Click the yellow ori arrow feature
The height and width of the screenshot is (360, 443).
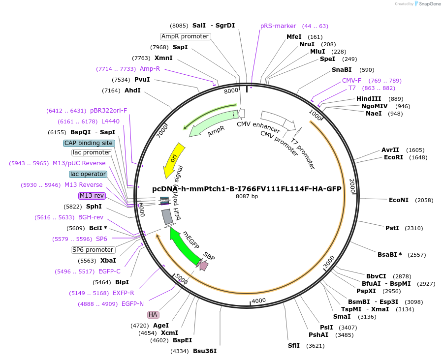pyautogui.click(x=174, y=160)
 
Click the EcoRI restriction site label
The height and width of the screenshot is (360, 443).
pyautogui.click(x=393, y=157)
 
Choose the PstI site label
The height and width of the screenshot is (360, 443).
pyautogui.click(x=392, y=228)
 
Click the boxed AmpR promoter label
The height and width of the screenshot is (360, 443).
pyautogui.click(x=186, y=36)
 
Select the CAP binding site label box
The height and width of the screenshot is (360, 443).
pyautogui.click(x=89, y=143)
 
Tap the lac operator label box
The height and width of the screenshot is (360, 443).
pyautogui.click(x=88, y=174)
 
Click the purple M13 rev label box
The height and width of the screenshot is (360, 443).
pyautogui.click(x=92, y=196)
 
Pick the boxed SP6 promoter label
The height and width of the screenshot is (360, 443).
pyautogui.click(x=93, y=250)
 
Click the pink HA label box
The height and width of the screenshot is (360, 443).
pyautogui.click(x=153, y=315)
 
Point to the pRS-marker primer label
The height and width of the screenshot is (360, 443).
pyautogui.click(x=278, y=26)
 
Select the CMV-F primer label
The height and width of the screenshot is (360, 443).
pyautogui.click(x=351, y=81)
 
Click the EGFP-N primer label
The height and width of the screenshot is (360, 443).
pyautogui.click(x=132, y=304)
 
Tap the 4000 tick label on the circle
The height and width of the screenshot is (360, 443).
pyautogui.click(x=258, y=300)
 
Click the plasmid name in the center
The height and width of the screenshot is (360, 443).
pyautogui.click(x=247, y=189)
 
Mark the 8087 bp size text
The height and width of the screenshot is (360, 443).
pyautogui.click(x=247, y=196)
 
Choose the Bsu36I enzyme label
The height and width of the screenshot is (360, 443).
pyautogui.click(x=204, y=351)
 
